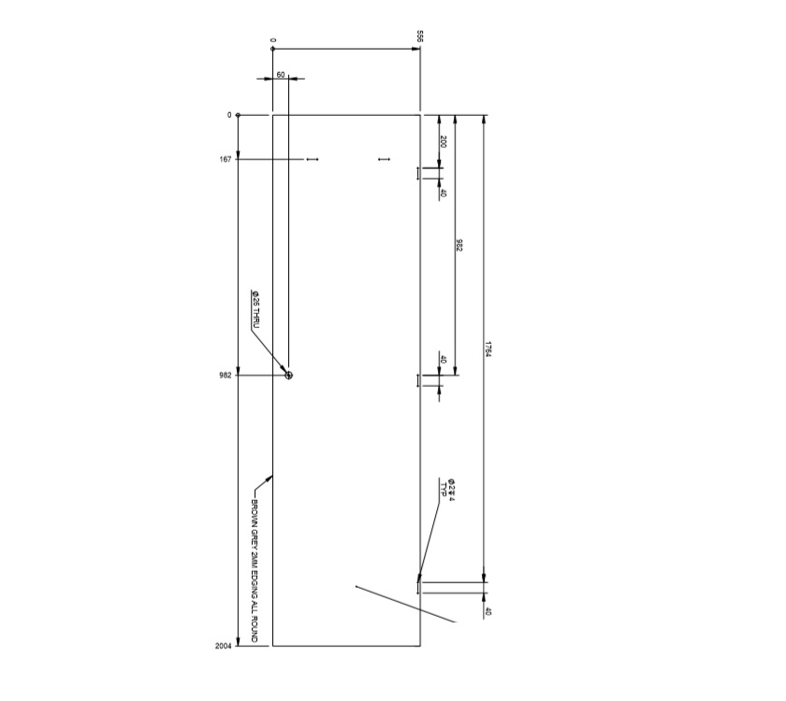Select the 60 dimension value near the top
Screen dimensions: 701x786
pyautogui.click(x=281, y=74)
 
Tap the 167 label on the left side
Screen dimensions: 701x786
pyautogui.click(x=226, y=160)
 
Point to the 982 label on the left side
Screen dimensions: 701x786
pyautogui.click(x=226, y=375)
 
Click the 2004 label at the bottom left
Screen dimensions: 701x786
pyautogui.click(x=224, y=646)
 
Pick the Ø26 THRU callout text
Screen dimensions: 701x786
pyautogui.click(x=255, y=310)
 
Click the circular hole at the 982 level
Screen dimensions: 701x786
pyautogui.click(x=288, y=375)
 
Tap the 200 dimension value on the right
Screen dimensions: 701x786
pyautogui.click(x=443, y=142)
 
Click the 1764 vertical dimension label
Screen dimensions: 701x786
pyautogui.click(x=488, y=349)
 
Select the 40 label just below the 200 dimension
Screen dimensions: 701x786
pyautogui.click(x=443, y=193)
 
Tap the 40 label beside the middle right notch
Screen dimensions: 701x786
pyautogui.click(x=443, y=359)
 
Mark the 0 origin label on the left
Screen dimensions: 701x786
pyautogui.click(x=228, y=115)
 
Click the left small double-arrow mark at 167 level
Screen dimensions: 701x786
pyautogui.click(x=313, y=160)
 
